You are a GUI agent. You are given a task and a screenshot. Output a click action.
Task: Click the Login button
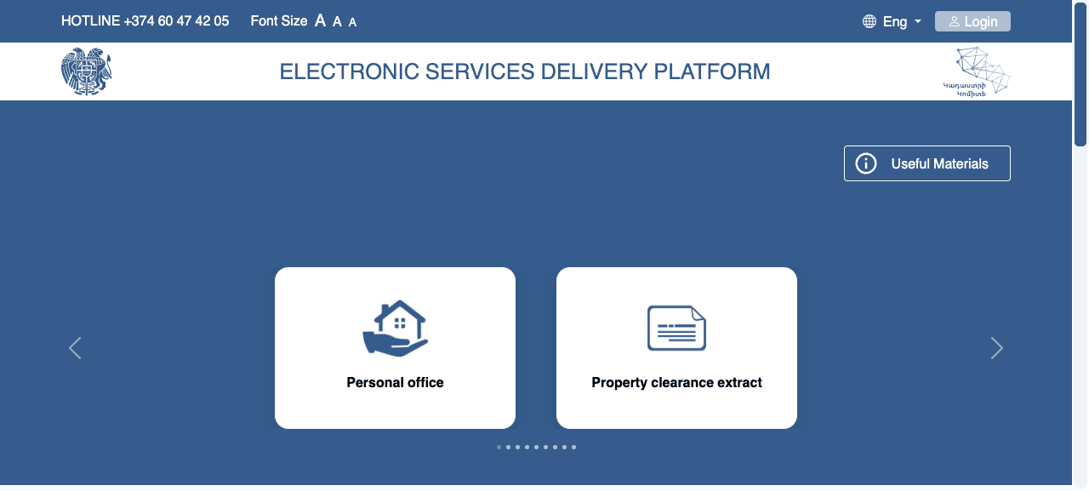coord(972,21)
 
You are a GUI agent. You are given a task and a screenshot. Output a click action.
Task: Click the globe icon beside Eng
coord(869,21)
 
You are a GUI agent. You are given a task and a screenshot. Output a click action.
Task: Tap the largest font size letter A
coord(320,21)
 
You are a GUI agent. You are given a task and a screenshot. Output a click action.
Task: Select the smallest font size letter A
coord(352,22)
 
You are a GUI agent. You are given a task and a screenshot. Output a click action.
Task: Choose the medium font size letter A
coord(337,22)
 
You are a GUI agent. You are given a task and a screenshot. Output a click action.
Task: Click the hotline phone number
coord(176,21)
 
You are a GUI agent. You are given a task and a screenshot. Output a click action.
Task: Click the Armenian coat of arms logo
coord(87,71)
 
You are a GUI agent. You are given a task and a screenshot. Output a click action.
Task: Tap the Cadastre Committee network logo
coord(977,71)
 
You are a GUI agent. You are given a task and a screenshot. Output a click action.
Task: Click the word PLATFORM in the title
coord(712,71)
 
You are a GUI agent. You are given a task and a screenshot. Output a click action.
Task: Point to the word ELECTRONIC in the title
coord(349,71)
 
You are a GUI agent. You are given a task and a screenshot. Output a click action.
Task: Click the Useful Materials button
coord(927,163)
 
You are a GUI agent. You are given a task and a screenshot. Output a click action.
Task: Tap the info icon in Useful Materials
coord(866,163)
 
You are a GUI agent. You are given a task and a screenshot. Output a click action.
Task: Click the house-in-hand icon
coord(396,328)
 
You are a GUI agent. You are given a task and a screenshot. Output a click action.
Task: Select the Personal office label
coord(395,383)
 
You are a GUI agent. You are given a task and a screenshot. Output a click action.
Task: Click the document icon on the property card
coord(676,328)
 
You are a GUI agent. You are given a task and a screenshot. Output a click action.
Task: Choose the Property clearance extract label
coord(676,383)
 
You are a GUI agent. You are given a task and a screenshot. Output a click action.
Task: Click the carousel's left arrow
coord(75,348)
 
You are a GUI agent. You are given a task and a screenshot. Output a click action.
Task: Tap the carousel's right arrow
coord(996,348)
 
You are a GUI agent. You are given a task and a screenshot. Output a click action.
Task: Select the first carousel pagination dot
coord(499,448)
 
